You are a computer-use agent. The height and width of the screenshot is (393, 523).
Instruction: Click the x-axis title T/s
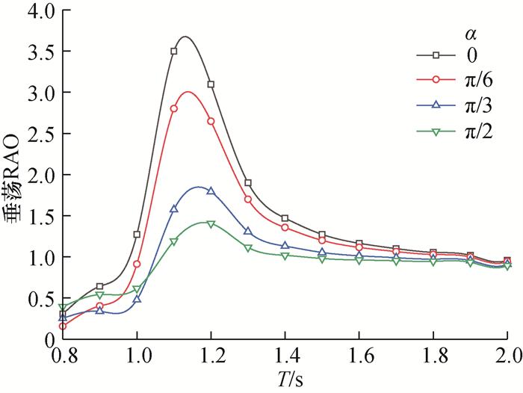285,379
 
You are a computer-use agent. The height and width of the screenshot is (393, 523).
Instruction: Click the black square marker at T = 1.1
174,52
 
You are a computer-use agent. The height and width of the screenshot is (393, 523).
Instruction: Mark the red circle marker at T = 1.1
174,108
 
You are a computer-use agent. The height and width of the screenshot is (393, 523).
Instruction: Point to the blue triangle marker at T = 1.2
211,191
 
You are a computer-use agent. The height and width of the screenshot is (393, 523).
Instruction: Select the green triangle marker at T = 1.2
211,224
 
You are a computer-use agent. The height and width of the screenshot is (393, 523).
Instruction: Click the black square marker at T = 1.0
137,235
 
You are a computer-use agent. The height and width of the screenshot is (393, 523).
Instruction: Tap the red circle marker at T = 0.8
63,326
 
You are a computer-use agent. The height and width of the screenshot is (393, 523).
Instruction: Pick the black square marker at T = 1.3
248,183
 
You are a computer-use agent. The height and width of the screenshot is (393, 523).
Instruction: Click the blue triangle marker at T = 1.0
137,299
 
